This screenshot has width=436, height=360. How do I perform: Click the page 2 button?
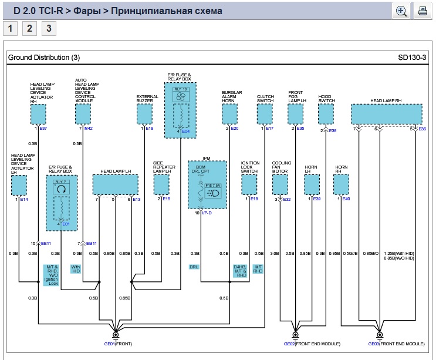[29, 29]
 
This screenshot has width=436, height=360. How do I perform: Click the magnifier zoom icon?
[402, 11]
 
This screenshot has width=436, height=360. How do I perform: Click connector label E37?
[43, 128]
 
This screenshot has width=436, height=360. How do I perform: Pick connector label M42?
[88, 128]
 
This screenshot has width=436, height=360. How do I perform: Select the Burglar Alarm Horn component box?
[229, 115]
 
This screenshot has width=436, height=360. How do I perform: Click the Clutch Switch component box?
[265, 115]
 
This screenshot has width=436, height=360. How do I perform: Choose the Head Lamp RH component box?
[386, 114]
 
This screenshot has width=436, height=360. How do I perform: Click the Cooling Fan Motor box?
[280, 185]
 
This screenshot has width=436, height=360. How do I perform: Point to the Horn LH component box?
[312, 185]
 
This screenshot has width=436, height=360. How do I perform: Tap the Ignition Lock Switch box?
[249, 185]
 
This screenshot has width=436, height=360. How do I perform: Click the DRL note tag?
[194, 267]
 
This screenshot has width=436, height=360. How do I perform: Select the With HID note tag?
[76, 269]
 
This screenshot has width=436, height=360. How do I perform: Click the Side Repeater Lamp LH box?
[161, 185]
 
